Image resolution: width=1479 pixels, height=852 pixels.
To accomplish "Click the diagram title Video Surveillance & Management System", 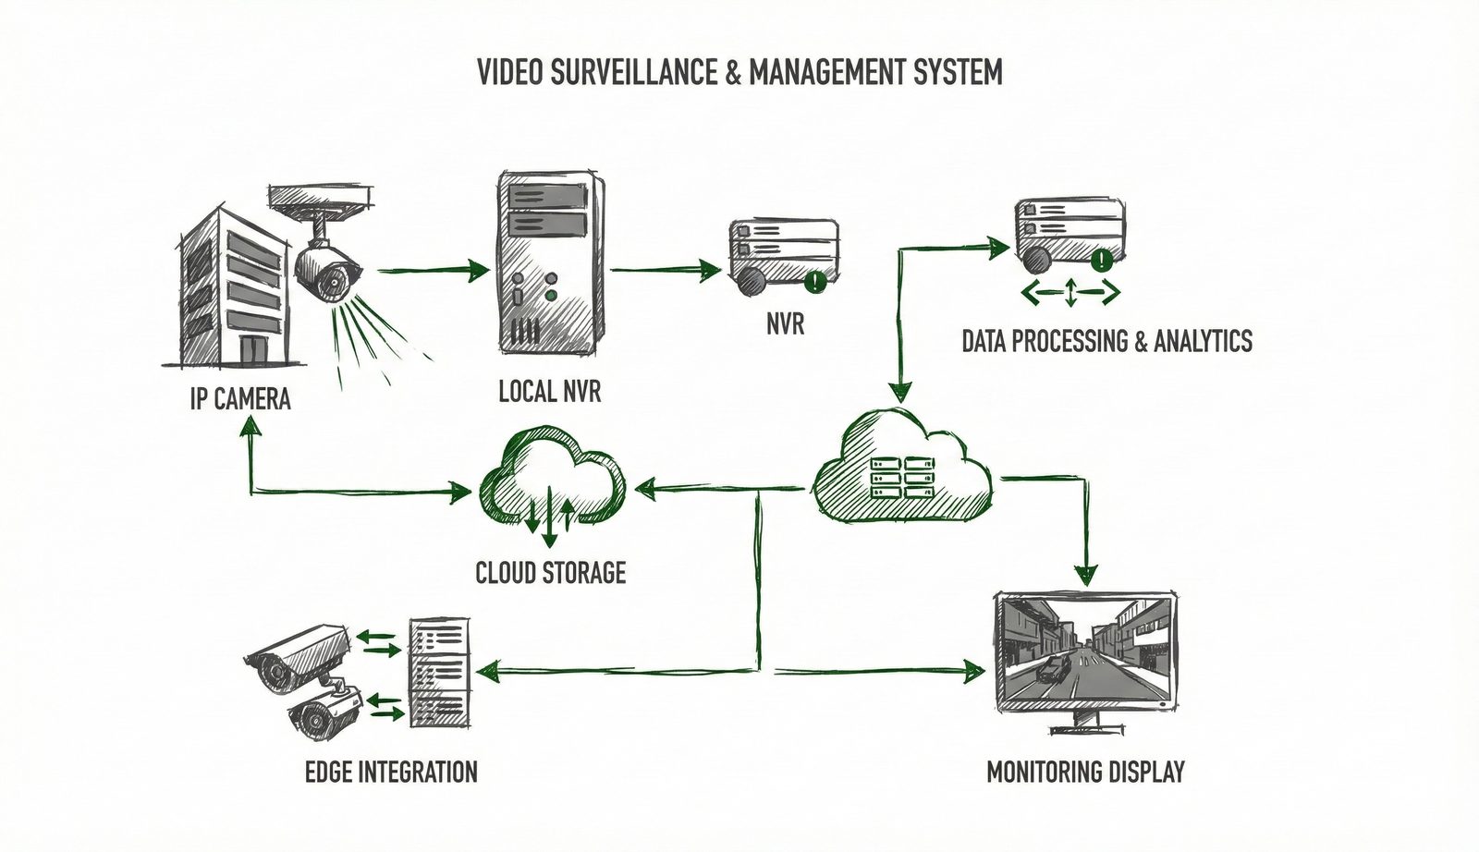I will coord(739,72).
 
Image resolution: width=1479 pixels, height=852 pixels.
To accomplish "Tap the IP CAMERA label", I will coord(239,398).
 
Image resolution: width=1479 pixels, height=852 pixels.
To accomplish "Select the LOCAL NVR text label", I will coord(549,391).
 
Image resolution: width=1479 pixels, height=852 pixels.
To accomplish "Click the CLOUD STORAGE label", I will coord(550,572).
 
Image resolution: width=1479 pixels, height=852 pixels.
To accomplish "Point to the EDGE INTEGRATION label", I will coord(391,772).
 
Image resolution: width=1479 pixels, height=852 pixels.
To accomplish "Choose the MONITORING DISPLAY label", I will coord(1085,772).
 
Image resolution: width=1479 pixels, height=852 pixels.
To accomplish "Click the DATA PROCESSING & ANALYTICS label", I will coord(1106,341).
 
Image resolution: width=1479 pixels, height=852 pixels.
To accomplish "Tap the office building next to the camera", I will coord(231,286).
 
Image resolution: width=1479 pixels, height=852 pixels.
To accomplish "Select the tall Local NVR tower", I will coord(551,263).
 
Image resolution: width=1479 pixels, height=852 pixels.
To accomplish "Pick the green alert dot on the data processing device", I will coord(1101,261).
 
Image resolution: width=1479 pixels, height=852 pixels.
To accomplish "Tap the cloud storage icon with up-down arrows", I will coord(552,485).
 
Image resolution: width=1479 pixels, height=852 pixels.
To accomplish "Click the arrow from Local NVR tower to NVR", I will coord(666,271).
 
